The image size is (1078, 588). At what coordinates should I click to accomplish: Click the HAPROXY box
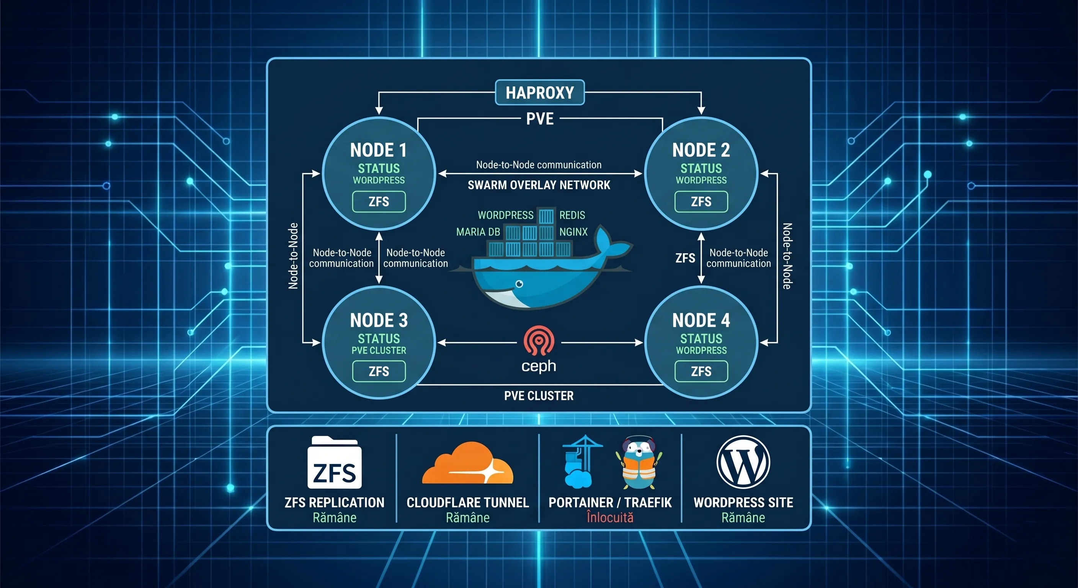pos(539,93)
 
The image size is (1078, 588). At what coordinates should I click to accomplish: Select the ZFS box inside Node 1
pos(379,202)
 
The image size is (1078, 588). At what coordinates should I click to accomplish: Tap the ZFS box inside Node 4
pos(701,371)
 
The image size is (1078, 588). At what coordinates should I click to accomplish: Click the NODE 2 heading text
pos(701,150)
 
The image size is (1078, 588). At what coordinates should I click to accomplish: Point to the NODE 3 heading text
pos(379,320)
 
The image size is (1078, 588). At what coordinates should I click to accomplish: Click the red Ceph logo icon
pos(539,340)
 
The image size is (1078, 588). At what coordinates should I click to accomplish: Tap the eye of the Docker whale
pos(519,284)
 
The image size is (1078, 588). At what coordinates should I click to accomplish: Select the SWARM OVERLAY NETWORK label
pos(539,185)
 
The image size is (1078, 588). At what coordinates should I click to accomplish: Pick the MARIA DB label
pos(478,232)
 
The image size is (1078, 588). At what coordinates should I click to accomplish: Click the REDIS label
pos(572,215)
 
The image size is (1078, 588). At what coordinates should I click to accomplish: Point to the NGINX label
pos(573,232)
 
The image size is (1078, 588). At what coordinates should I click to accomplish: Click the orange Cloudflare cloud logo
pos(467,464)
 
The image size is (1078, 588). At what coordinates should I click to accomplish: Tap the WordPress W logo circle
pos(743,462)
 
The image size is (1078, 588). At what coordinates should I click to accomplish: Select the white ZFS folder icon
pos(334,463)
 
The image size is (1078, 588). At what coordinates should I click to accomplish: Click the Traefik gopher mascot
pos(639,463)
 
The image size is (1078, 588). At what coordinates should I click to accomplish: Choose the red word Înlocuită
pos(610,518)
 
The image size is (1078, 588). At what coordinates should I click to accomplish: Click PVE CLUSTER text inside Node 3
pos(379,351)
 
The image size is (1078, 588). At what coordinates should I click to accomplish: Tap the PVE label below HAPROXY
pos(540,119)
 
